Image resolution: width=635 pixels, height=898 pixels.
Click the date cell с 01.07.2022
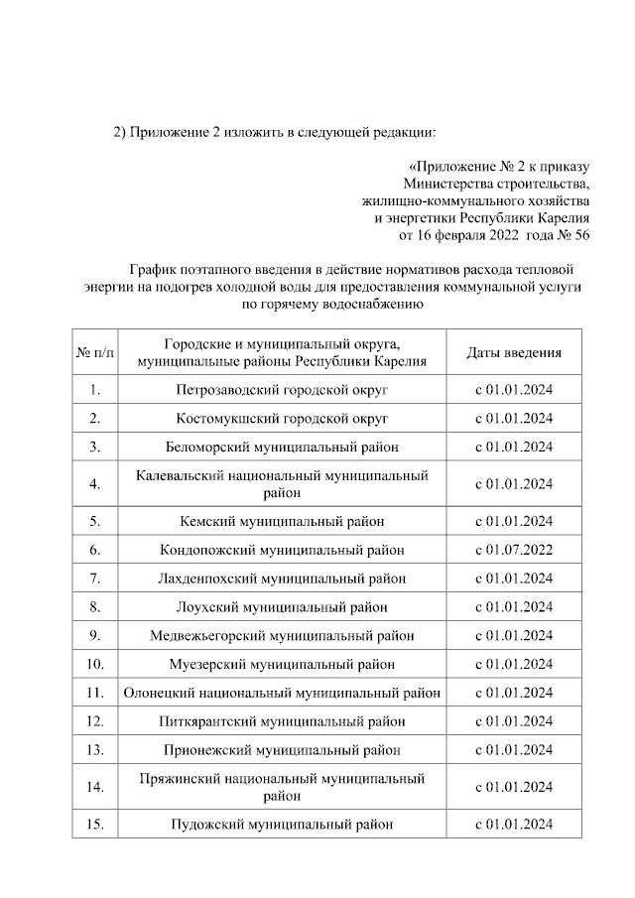click(514, 549)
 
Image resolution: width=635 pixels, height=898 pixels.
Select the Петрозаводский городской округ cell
click(282, 390)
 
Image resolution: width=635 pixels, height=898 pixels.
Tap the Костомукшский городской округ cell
click(282, 419)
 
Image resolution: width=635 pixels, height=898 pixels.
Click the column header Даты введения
click(514, 352)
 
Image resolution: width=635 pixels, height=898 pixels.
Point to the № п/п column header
click(95, 352)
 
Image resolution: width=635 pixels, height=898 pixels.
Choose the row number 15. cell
click(95, 825)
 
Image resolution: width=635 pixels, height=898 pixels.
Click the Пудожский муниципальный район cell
click(282, 825)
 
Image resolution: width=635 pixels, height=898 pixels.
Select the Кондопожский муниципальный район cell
click(282, 549)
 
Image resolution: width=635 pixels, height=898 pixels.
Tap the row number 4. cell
click(95, 484)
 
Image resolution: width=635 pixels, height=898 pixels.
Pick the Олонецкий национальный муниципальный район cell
click(282, 693)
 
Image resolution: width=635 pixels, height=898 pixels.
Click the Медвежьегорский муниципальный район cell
click(282, 635)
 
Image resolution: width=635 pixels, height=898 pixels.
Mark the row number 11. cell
click(95, 693)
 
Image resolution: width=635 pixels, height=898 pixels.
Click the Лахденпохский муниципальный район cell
click(282, 577)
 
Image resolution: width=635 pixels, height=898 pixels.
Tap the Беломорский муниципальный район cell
click(282, 448)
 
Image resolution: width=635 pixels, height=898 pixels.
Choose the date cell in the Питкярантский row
click(514, 721)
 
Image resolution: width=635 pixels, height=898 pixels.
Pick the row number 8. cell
click(95, 606)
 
